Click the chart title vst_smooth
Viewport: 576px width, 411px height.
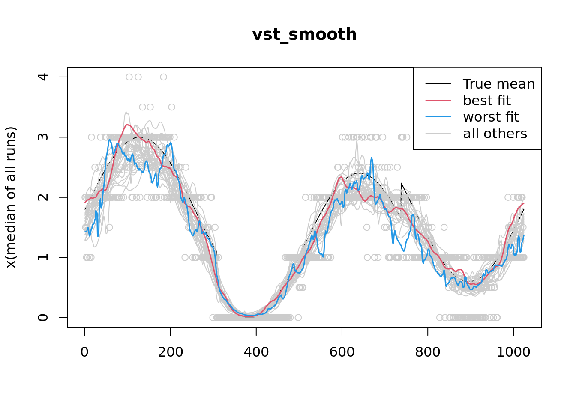point(304,35)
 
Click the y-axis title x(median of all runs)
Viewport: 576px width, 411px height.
point(11,197)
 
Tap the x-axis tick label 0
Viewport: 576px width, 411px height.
point(84,352)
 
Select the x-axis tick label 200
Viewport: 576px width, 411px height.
point(170,352)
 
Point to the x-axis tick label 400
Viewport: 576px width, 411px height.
point(256,352)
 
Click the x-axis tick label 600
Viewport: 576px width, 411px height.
point(342,352)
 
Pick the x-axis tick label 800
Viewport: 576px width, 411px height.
point(427,352)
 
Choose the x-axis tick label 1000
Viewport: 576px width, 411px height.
point(513,352)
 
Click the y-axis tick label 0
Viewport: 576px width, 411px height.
point(43,317)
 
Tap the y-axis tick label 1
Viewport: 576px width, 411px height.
point(43,257)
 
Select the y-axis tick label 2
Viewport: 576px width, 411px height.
point(43,197)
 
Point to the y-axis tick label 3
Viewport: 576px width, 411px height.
point(43,137)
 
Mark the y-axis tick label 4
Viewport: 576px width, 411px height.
point(43,77)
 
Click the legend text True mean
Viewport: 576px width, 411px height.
point(499,84)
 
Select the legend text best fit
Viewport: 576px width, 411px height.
point(487,101)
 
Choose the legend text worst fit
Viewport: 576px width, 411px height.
point(491,117)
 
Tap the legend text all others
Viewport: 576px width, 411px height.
point(495,134)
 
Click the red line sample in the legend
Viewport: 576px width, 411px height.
point(438,101)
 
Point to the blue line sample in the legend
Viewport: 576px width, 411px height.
point(438,117)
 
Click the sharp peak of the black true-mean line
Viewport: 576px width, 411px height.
point(401,183)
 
